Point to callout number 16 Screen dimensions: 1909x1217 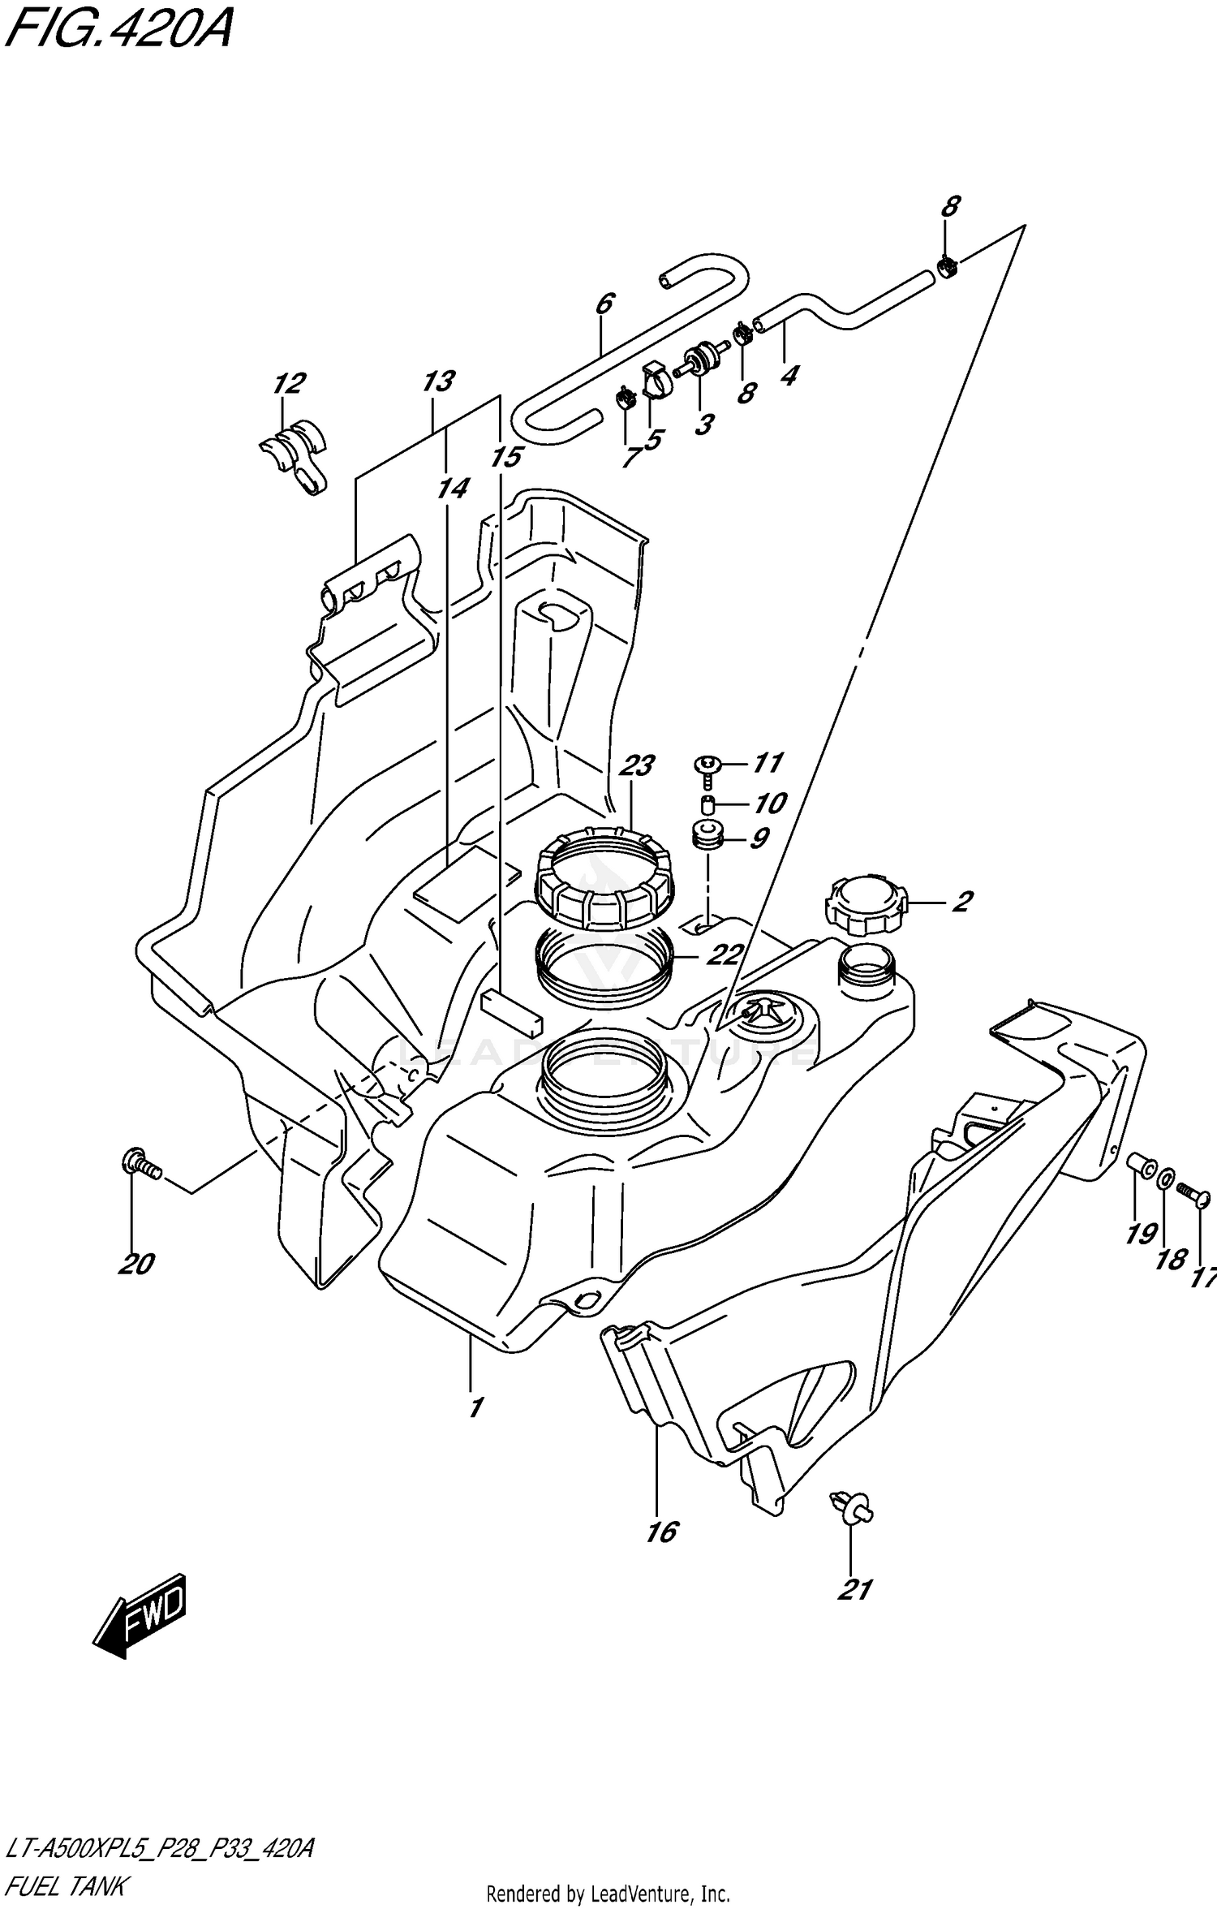click(662, 1532)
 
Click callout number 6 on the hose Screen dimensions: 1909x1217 click(604, 304)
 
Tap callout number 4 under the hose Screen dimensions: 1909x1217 click(789, 375)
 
